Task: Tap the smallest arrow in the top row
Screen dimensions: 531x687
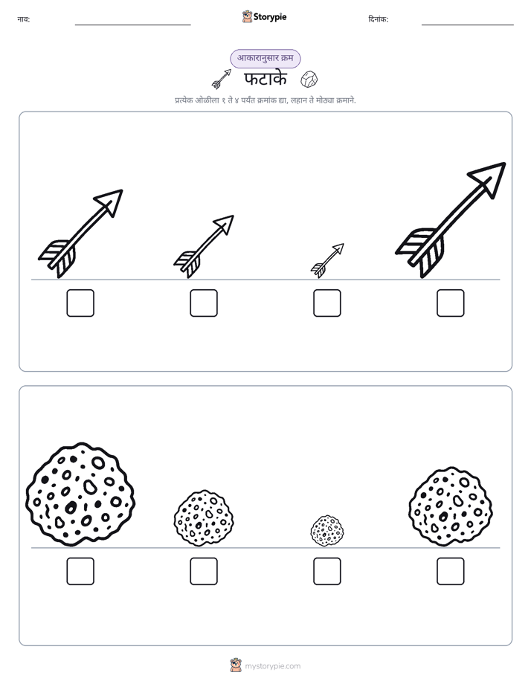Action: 327,261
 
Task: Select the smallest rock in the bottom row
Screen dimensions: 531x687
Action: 327,531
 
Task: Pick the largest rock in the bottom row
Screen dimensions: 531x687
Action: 80,494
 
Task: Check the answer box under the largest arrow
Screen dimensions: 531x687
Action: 451,303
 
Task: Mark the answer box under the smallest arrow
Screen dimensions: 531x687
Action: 326,303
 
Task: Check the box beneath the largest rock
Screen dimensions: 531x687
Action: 80,571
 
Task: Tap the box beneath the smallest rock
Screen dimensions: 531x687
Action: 326,571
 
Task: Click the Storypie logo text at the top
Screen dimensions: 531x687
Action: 270,17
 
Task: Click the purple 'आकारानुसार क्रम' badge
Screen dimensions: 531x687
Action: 265,58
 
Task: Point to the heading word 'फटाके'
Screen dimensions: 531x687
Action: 265,79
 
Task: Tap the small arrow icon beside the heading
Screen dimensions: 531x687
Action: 222,79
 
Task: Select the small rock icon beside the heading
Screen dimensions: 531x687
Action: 309,80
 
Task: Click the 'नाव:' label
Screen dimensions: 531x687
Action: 24,19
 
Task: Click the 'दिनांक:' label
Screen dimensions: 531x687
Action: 379,19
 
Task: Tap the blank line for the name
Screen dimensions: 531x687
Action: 132,25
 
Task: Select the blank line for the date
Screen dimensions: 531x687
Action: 468,25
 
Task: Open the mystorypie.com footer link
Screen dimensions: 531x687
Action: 272,666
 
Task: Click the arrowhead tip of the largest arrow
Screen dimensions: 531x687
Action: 505,164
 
